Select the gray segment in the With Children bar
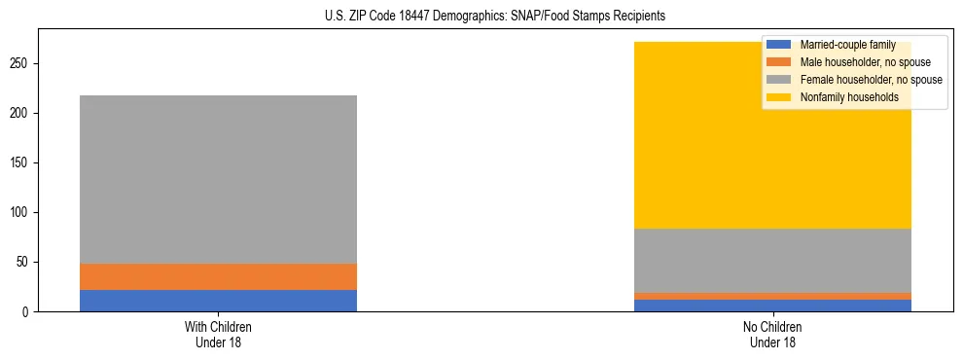pos(218,179)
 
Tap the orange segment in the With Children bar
pos(218,276)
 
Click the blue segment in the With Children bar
pos(218,301)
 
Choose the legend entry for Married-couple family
pos(847,45)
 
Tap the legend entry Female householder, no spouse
pos(865,80)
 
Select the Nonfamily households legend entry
pos(847,97)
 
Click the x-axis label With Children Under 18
pos(218,335)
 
